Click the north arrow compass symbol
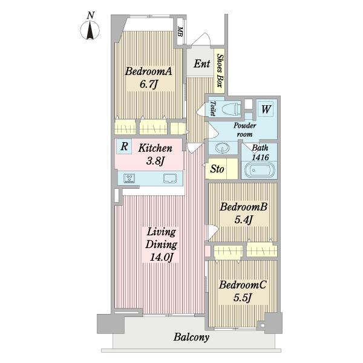[90, 30]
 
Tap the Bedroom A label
[149, 71]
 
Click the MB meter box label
[180, 31]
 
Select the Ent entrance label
[202, 64]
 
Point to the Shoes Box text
[220, 71]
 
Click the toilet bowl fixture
[231, 108]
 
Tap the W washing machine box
[266, 109]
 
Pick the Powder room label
[244, 130]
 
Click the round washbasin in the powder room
[222, 148]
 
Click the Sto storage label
[217, 169]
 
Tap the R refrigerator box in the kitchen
[124, 146]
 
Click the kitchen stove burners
[129, 178]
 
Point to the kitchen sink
[170, 178]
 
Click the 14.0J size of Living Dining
[162, 257]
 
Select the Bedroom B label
[244, 207]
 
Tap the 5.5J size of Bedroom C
[243, 298]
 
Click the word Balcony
[191, 337]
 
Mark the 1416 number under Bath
[260, 157]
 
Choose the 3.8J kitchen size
[155, 160]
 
